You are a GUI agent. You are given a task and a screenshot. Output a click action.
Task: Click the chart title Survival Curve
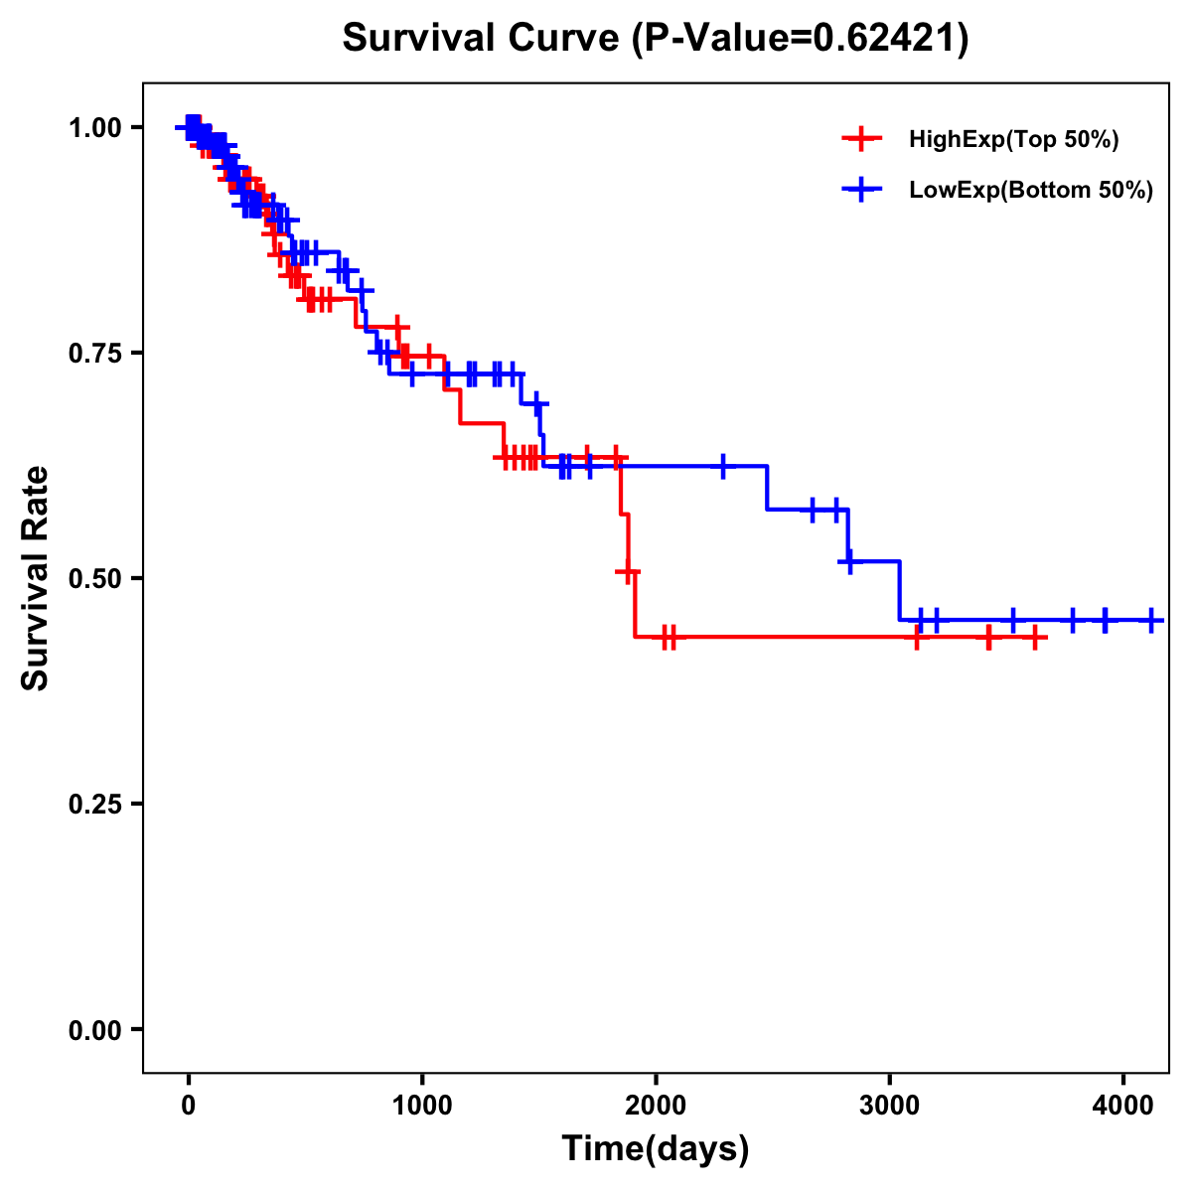pyautogui.click(x=482, y=39)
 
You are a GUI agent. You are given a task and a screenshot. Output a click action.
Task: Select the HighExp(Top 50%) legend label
pyautogui.click(x=1013, y=140)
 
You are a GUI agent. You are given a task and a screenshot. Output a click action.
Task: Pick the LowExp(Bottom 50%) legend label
pyautogui.click(x=1031, y=191)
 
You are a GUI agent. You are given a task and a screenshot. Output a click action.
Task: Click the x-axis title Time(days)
pyautogui.click(x=656, y=1148)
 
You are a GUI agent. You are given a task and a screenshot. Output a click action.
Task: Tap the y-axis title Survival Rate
pyautogui.click(x=37, y=578)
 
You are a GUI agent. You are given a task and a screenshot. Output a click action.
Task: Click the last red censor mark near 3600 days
pyautogui.click(x=1034, y=637)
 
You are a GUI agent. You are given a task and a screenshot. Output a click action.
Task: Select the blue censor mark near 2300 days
pyautogui.click(x=723, y=465)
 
